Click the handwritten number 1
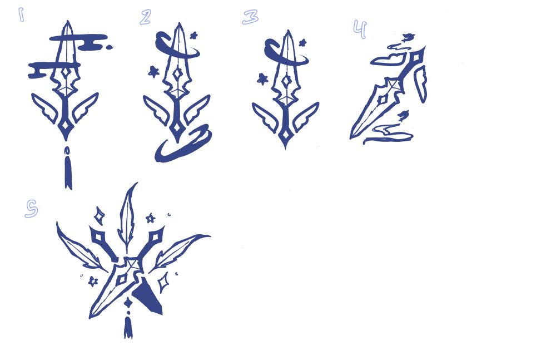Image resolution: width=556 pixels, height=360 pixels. point(21,15)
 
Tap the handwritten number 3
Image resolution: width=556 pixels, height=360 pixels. point(250,17)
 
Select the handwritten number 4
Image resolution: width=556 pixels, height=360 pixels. point(360,29)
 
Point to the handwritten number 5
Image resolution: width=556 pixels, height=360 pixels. point(32,208)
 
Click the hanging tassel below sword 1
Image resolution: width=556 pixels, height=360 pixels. point(68,168)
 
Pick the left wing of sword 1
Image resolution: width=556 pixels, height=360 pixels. point(46,107)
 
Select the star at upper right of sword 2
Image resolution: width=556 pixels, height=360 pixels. point(193,36)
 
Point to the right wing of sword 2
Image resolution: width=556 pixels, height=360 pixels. point(196,109)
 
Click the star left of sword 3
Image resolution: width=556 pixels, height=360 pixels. point(262,79)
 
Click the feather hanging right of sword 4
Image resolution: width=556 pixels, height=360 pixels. point(420,85)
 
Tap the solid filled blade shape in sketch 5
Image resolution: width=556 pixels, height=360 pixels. point(149,297)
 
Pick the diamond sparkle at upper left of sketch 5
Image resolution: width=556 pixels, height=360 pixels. point(100,216)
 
